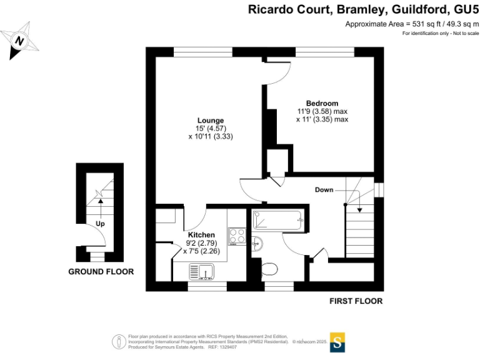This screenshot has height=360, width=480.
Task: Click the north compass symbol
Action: pyautogui.click(x=21, y=41)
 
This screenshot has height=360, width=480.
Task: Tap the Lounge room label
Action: pyautogui.click(x=210, y=120)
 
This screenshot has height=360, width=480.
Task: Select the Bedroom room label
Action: pyautogui.click(x=322, y=103)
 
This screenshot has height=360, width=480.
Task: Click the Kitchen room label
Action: pyautogui.click(x=201, y=234)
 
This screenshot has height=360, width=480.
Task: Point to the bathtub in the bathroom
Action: pyautogui.click(x=277, y=219)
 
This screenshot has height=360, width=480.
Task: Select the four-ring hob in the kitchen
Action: pyautogui.click(x=237, y=236)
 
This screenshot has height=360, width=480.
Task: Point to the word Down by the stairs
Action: pyautogui.click(x=324, y=189)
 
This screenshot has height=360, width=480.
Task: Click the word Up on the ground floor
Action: pyautogui.click(x=99, y=223)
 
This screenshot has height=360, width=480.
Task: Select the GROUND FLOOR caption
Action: pyautogui.click(x=101, y=272)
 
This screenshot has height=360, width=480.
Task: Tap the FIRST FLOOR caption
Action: pyautogui.click(x=356, y=301)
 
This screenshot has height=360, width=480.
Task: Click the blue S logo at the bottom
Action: pyautogui.click(x=337, y=342)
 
